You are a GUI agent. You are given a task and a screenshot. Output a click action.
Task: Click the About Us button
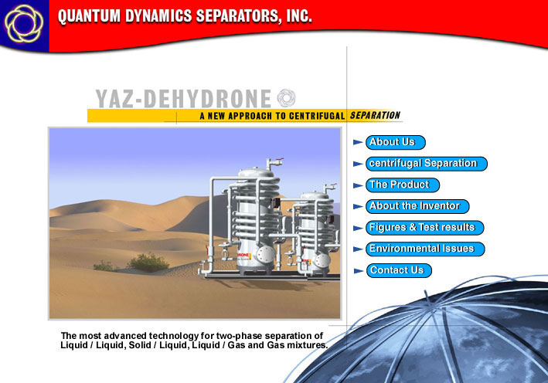click(395, 142)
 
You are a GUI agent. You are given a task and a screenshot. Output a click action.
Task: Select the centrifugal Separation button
click(427, 164)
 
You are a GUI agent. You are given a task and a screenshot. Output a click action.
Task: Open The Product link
click(403, 185)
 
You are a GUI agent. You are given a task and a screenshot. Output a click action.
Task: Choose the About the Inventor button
click(417, 206)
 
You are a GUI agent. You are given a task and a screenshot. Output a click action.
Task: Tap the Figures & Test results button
click(424, 228)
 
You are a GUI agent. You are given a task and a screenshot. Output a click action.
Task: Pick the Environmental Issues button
click(425, 249)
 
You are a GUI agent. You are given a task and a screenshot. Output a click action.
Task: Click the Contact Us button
click(399, 270)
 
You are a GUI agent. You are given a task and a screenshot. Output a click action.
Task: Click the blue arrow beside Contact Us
click(358, 270)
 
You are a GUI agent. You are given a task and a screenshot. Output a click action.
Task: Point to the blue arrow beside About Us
click(358, 142)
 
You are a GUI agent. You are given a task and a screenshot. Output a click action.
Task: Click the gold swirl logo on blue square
click(24, 24)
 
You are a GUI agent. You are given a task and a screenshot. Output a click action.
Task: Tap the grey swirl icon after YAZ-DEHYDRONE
click(286, 98)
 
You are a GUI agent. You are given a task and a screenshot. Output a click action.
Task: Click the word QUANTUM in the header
click(89, 16)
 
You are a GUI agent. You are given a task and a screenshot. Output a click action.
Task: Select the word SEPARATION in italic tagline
click(375, 115)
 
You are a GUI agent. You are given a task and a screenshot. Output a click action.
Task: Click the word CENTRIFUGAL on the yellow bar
click(317, 116)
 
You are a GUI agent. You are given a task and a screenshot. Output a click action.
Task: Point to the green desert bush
click(148, 262)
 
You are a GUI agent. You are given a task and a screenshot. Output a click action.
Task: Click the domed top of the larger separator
click(256, 172)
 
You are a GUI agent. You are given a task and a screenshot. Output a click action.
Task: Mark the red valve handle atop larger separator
click(278, 161)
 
